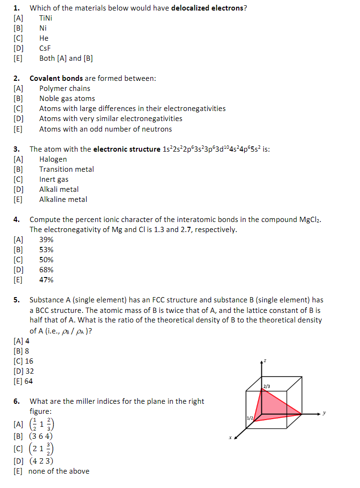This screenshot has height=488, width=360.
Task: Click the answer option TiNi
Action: pos(47,18)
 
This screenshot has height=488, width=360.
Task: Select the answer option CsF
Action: pos(45,48)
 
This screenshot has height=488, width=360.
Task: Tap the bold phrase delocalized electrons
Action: pos(207,8)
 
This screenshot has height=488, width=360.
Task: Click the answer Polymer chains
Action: pos(65,89)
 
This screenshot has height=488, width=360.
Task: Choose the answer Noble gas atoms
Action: pos(67,99)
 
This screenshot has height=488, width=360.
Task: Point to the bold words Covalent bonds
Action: pos(56,78)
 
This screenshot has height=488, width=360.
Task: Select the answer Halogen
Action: pos(53,159)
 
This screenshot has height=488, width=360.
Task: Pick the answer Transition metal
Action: pos(67,169)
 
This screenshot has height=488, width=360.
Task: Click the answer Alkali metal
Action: pos(59,189)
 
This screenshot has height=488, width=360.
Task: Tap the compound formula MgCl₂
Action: pos(309,220)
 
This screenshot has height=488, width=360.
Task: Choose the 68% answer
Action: pos(46,270)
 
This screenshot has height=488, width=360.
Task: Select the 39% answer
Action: pos(46,240)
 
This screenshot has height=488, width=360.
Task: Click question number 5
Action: pos(16,300)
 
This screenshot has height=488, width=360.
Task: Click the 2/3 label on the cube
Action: pos(267,386)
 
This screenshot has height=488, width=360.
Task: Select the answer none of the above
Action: pos(59,471)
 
